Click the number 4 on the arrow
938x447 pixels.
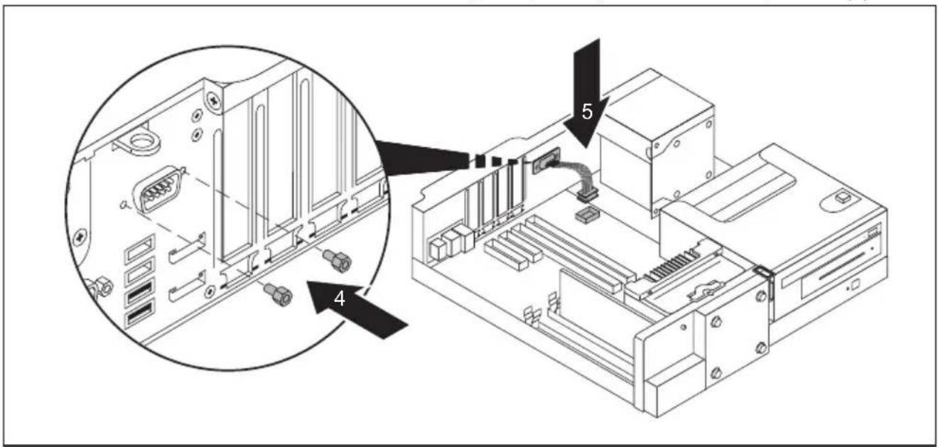click(x=340, y=298)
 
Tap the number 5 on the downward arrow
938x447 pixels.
click(x=587, y=112)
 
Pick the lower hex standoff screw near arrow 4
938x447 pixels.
click(x=278, y=293)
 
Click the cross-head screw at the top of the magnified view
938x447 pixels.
click(x=215, y=101)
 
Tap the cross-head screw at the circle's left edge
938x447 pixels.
click(x=80, y=238)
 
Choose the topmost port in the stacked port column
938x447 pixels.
click(x=140, y=249)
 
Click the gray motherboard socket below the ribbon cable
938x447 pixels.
click(x=588, y=215)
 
